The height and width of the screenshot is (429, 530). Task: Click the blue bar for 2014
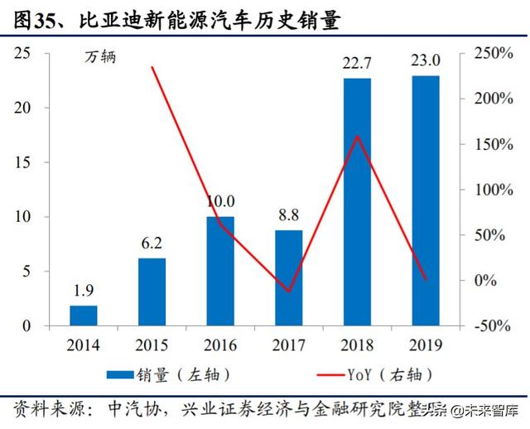pos(84,316)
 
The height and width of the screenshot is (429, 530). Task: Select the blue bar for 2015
pos(152,292)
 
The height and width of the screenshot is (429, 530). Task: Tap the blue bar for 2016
pos(220,271)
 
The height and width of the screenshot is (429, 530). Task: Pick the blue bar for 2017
pos(289,277)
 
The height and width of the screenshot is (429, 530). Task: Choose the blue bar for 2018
pos(357,202)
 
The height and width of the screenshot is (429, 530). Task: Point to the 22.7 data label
pos(357,63)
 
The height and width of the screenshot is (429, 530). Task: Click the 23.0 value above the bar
pos(425,62)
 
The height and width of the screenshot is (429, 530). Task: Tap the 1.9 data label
pos(84,291)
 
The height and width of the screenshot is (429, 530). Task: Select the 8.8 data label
pos(289,215)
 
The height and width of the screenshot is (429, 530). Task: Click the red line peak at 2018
pos(357,136)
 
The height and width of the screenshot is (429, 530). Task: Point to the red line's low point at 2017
pos(289,292)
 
